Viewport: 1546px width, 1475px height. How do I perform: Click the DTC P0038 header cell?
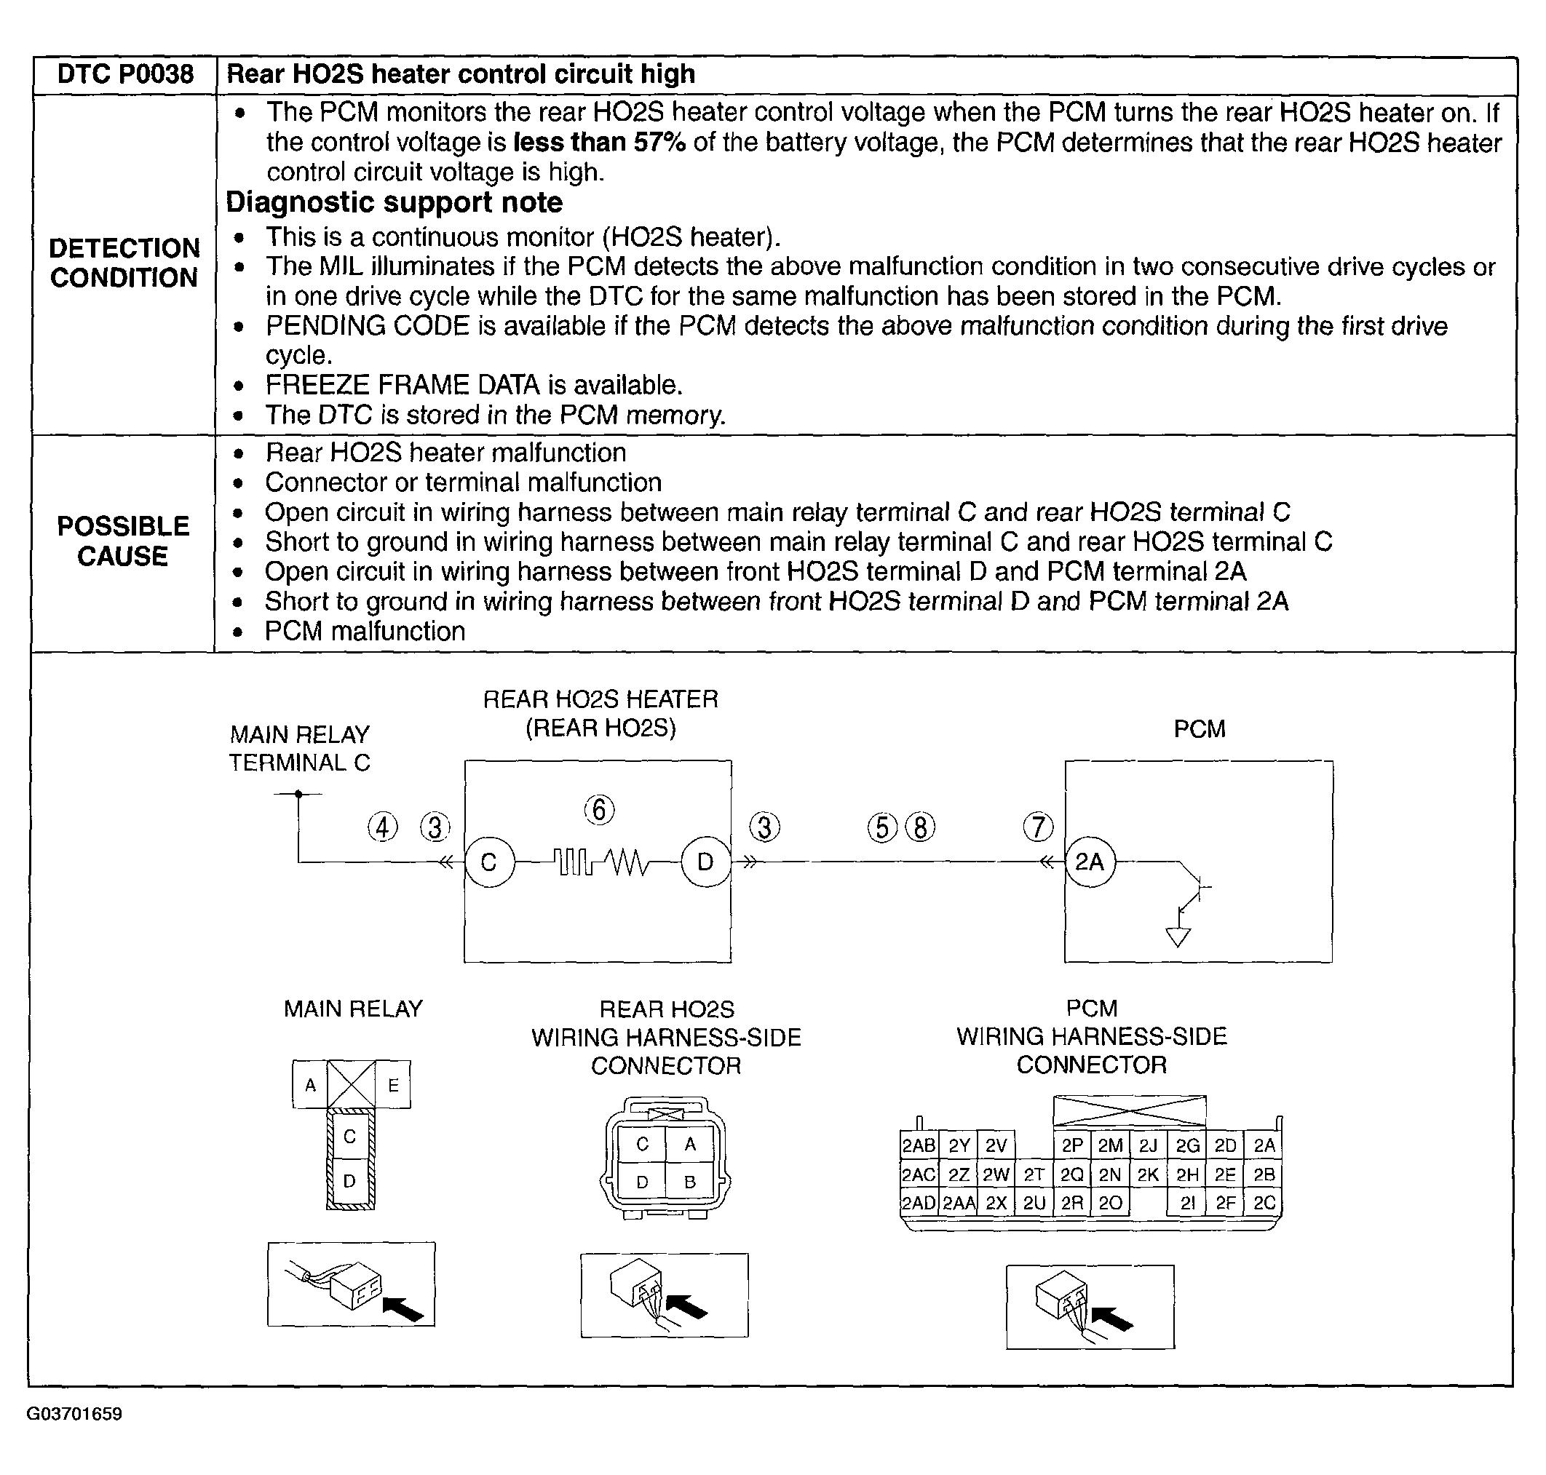tap(125, 75)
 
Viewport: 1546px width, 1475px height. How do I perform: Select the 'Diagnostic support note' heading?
tap(394, 203)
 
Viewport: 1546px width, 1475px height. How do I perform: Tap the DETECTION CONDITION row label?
tap(124, 263)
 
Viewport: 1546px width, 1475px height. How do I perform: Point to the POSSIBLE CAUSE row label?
tap(123, 541)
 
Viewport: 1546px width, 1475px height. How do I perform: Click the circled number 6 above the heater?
tap(599, 809)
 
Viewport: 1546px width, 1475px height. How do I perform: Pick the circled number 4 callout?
tap(383, 827)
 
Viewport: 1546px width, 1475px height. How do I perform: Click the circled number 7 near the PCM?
tap(1038, 827)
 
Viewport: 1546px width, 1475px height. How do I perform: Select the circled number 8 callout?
tap(920, 827)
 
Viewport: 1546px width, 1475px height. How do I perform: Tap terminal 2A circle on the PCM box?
tap(1090, 862)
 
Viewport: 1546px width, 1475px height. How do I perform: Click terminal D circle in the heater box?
tap(705, 862)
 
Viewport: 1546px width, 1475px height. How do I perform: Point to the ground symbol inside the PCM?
tap(1177, 937)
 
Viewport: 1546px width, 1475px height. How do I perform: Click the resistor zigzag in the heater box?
tap(627, 863)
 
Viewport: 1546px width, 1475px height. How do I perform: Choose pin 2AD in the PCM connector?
tap(919, 1204)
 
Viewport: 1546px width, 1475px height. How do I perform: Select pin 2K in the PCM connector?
tap(1148, 1174)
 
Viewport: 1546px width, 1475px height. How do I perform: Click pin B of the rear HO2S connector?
tap(689, 1182)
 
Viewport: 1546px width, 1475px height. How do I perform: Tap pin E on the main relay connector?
tap(393, 1085)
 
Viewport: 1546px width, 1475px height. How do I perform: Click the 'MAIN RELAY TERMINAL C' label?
tap(300, 749)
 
